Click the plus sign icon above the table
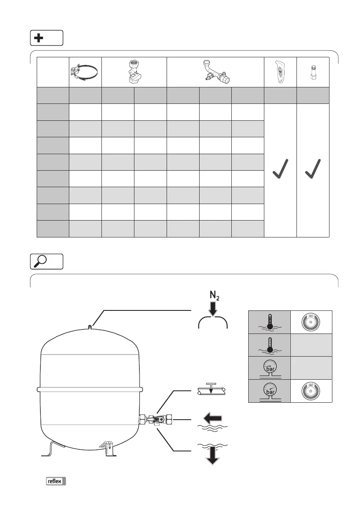click(38, 38)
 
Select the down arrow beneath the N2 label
click(213, 310)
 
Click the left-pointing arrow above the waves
click(213, 419)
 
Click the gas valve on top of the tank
click(89, 327)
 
